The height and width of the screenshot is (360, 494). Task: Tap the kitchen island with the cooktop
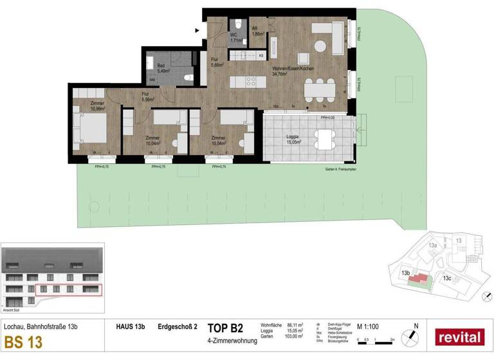(244, 82)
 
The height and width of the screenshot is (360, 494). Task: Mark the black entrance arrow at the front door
(197, 30)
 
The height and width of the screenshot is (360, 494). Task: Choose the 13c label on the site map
(446, 278)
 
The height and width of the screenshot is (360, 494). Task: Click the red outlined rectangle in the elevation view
(68, 291)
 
